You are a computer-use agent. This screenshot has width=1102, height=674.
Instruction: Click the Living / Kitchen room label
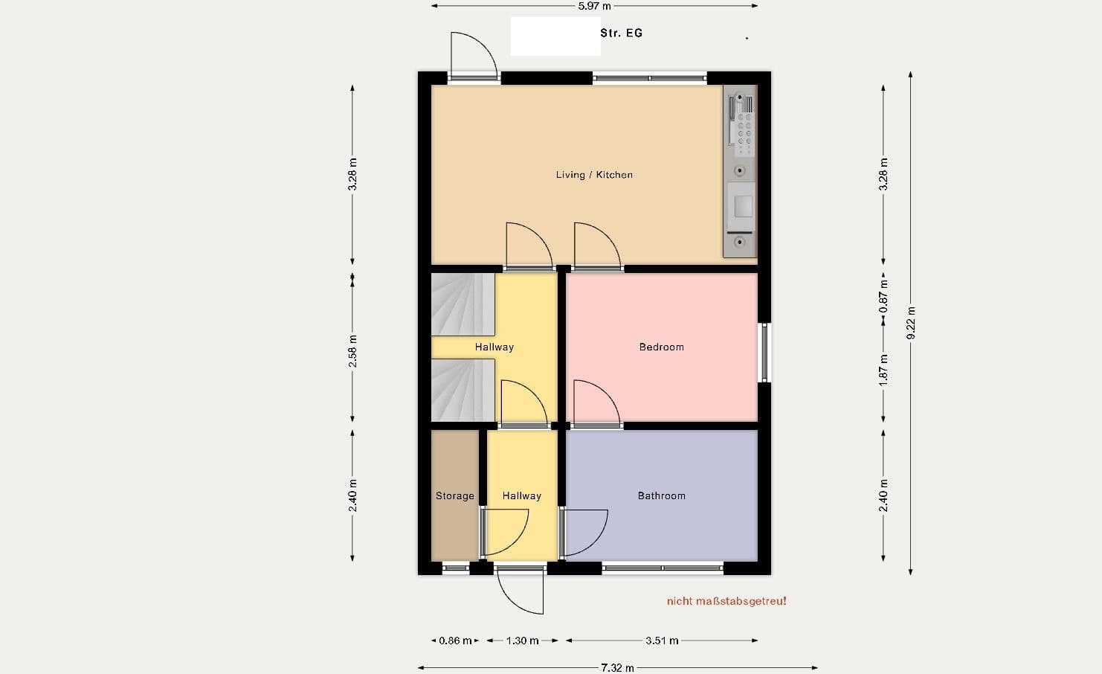coord(594,175)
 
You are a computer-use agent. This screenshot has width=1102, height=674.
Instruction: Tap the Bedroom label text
coord(661,347)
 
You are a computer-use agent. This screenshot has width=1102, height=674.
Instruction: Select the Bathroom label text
coord(661,495)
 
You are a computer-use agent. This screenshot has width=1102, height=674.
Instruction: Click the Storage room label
coord(454,495)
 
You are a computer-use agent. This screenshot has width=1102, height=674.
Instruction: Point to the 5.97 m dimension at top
coord(594,6)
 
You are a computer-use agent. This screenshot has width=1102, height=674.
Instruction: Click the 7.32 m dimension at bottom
coord(617,667)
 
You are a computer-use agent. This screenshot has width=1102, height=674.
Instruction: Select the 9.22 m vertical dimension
coord(911,323)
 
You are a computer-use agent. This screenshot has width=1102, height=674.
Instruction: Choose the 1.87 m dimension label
coord(883,369)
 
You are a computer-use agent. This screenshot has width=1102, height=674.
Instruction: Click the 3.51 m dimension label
coord(661,641)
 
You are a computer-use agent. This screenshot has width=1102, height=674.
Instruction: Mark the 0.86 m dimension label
coord(455,641)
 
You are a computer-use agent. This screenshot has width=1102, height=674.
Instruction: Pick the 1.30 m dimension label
coord(522,641)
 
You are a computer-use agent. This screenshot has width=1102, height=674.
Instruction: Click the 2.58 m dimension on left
coord(352,350)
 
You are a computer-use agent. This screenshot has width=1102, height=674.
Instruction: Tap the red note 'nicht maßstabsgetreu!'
coord(726,601)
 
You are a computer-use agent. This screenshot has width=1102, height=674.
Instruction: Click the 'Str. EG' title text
coord(621,33)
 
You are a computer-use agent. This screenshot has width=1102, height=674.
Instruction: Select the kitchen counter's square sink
coord(743,206)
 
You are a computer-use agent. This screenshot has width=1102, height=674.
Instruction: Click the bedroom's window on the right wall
coord(764,352)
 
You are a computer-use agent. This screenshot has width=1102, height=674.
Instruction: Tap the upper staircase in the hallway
coord(463,304)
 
